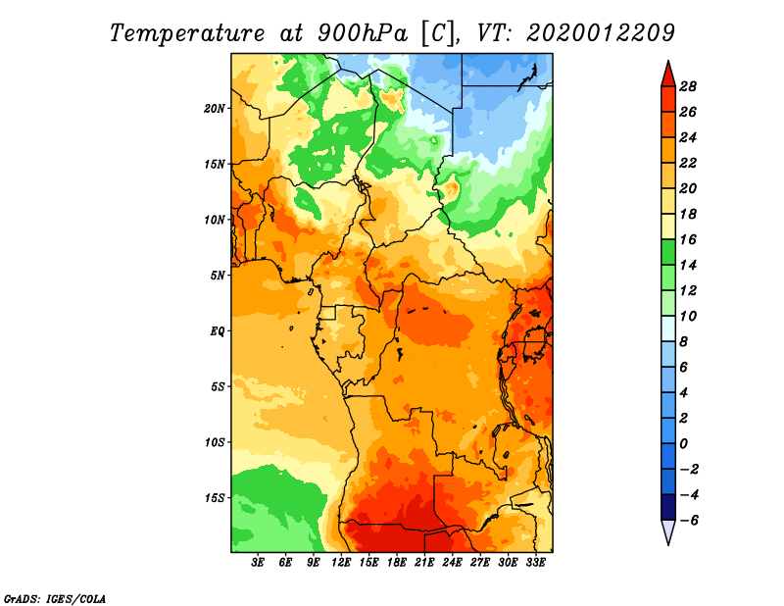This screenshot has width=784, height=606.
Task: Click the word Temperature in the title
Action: tap(187, 33)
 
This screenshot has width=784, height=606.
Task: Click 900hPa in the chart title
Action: tap(363, 33)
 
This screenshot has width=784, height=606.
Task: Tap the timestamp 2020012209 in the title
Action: tap(601, 33)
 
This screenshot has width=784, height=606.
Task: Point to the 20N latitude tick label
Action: tap(215, 109)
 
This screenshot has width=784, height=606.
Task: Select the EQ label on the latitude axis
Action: tap(217, 331)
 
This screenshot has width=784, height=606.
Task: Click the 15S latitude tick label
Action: tap(215, 498)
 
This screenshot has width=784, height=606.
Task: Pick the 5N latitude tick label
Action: tap(218, 276)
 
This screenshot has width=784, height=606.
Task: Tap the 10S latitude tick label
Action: tap(215, 442)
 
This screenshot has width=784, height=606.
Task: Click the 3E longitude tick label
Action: tap(258, 563)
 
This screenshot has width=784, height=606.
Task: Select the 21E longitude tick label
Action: tap(424, 563)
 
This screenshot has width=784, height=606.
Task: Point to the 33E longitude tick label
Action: tap(535, 563)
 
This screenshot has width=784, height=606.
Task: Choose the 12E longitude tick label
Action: tap(341, 563)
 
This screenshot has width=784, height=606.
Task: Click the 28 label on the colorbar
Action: tap(688, 86)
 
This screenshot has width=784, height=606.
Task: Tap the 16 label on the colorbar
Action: tap(688, 239)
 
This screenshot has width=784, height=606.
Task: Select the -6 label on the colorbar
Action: tap(689, 521)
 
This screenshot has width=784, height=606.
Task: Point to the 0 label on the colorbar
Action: tap(683, 444)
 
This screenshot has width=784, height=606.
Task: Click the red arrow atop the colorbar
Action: tap(668, 74)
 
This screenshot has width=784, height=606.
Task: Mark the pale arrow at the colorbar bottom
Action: tap(668, 532)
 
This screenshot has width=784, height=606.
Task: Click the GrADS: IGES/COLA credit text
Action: tap(55, 598)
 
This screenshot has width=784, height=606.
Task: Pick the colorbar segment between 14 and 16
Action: tap(668, 252)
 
